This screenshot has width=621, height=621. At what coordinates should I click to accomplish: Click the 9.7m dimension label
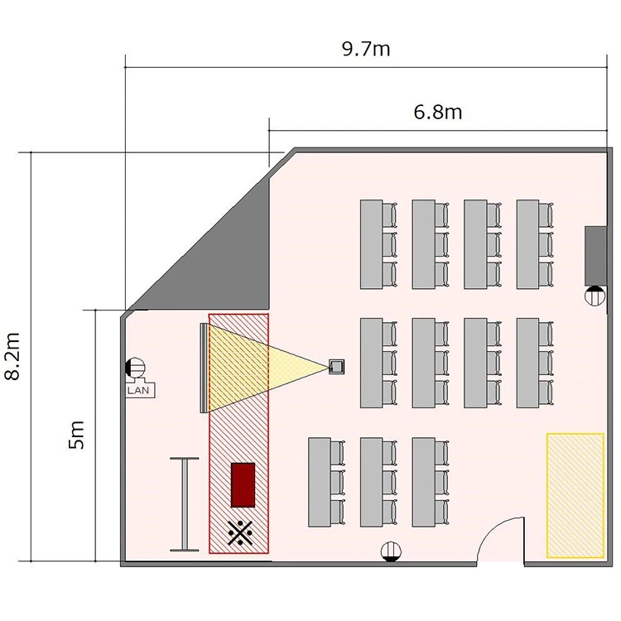click(x=366, y=49)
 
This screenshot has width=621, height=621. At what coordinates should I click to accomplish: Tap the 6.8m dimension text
click(x=438, y=112)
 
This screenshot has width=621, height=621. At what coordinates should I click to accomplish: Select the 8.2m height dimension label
click(x=12, y=356)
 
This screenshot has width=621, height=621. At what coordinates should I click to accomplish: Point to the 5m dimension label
click(x=77, y=435)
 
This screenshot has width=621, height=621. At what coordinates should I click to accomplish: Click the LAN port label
click(x=138, y=390)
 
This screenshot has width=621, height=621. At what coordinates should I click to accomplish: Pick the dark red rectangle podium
click(x=243, y=484)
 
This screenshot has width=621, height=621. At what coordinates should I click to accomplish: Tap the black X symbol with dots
click(x=240, y=532)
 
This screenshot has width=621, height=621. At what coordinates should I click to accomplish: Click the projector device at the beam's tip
click(x=337, y=366)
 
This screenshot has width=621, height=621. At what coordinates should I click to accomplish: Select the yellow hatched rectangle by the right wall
click(x=575, y=495)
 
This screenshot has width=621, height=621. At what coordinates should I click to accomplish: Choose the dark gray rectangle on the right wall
click(x=595, y=256)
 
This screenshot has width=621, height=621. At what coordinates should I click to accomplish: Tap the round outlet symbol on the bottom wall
click(x=391, y=551)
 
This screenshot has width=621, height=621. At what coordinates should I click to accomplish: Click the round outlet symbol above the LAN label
click(x=135, y=368)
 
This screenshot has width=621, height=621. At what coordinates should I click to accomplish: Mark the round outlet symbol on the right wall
click(x=595, y=296)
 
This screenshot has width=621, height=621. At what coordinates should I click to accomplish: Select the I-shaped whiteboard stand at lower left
click(x=184, y=504)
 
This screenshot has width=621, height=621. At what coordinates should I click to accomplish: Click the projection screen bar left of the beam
click(x=204, y=368)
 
